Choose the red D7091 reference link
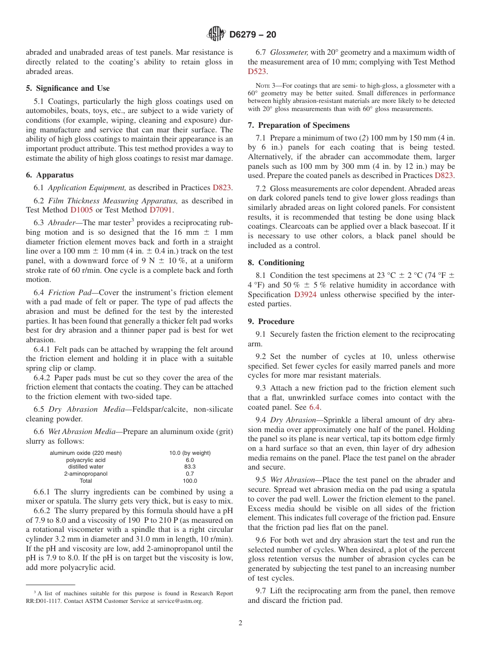(160, 210)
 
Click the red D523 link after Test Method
(257, 71)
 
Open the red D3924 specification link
(305, 295)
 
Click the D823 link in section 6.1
(222, 187)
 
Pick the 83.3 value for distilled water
(190, 467)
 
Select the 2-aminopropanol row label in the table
(86, 474)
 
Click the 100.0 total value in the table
(190, 481)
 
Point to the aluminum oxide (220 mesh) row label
(86, 453)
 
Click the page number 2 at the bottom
(240, 623)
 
